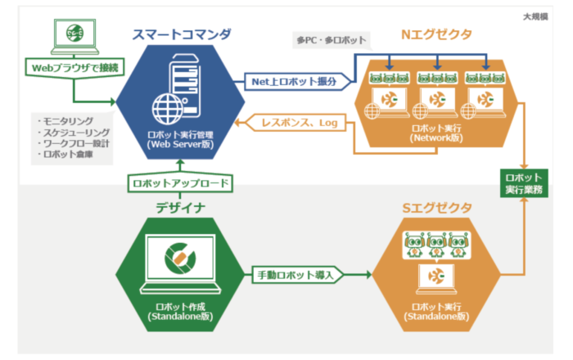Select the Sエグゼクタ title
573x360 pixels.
436,208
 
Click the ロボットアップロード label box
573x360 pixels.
180,183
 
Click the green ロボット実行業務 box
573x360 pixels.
525,183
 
